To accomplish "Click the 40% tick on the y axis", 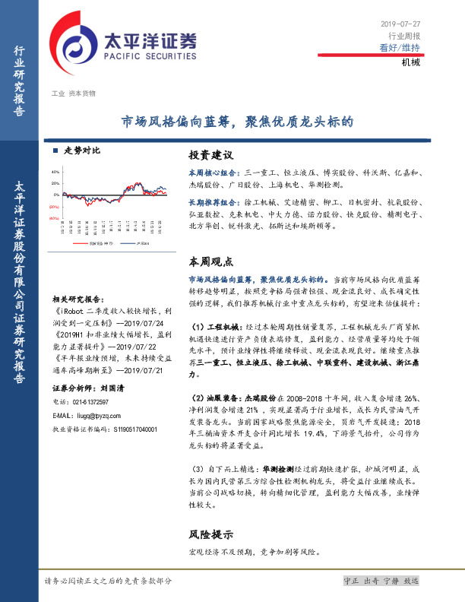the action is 55,172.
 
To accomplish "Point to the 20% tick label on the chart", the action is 55,183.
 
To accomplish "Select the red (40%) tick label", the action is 55,218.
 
